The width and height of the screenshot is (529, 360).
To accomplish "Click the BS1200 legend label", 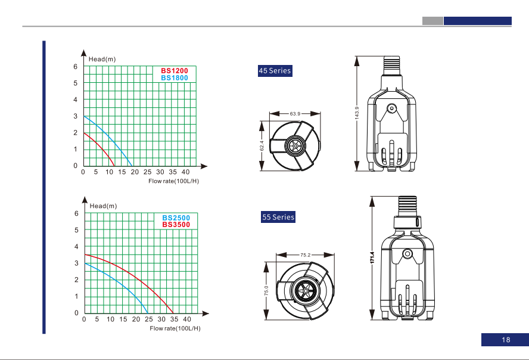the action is [175, 70].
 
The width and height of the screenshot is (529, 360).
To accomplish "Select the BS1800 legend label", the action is [175, 78].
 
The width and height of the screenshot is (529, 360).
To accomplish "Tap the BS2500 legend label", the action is [176, 218].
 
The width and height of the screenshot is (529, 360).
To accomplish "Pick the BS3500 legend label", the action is [176, 224].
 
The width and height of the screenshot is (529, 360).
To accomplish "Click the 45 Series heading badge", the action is [275, 71].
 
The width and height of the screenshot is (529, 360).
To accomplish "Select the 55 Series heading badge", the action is [278, 217].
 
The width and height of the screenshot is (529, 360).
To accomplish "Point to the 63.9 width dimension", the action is [295, 114].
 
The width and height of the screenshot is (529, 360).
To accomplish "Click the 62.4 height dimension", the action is [262, 146].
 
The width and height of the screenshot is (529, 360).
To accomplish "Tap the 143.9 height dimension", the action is [357, 113].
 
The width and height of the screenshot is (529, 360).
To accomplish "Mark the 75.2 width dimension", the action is [306, 255].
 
